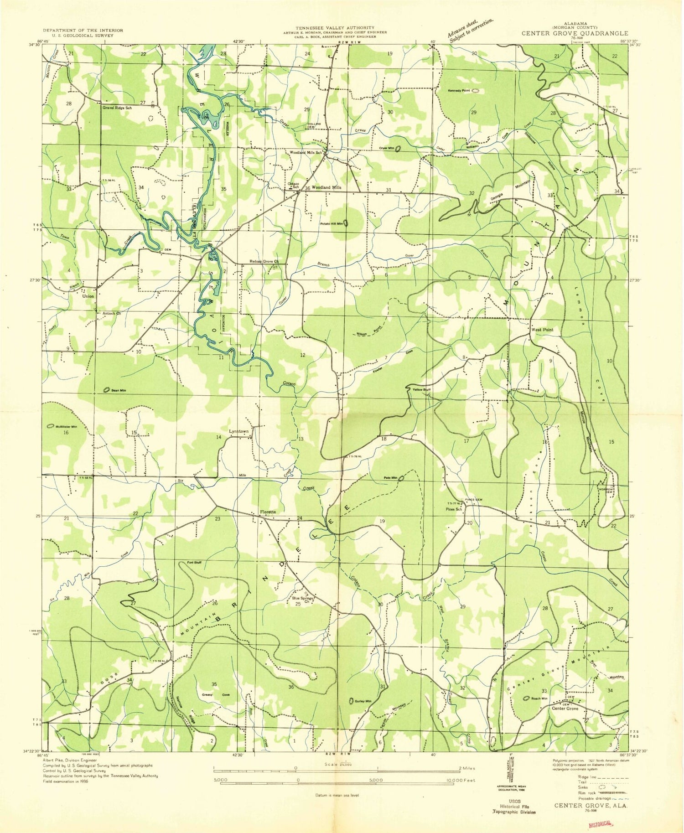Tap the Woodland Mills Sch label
click(x=306, y=152)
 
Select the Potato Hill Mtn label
click(x=331, y=223)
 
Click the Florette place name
click(x=268, y=512)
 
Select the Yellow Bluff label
click(x=421, y=390)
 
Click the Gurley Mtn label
click(x=363, y=701)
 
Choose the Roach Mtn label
click(x=539, y=698)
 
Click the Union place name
click(x=88, y=296)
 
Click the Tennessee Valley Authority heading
click(x=335, y=28)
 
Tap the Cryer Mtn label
click(x=383, y=149)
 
